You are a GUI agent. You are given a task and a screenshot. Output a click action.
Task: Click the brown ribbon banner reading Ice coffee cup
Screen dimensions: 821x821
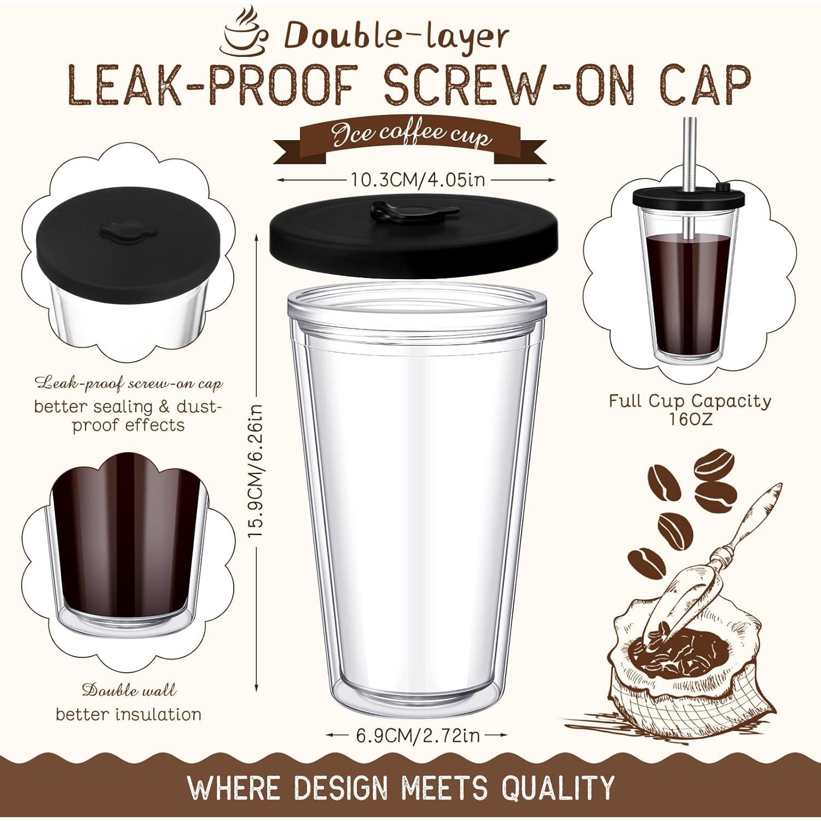[410, 137]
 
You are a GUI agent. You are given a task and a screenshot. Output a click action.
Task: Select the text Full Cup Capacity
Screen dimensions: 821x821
[690, 401]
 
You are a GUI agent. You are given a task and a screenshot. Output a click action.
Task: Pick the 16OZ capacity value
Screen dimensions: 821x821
[690, 420]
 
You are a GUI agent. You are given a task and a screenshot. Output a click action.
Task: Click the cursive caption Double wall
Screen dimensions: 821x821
[129, 690]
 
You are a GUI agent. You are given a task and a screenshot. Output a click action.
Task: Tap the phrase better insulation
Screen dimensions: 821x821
[129, 714]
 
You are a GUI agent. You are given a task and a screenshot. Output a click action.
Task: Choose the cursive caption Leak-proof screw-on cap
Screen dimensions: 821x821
[129, 383]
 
